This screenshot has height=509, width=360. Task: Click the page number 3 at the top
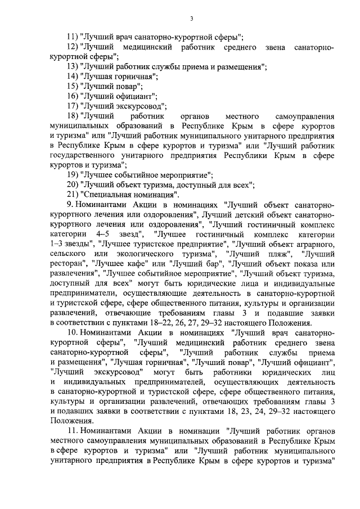pos(191,19)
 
